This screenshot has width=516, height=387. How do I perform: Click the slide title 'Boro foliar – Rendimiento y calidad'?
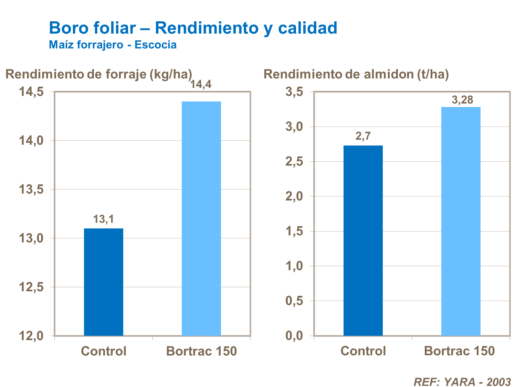tap(193, 28)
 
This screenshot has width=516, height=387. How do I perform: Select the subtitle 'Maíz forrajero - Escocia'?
tap(113, 45)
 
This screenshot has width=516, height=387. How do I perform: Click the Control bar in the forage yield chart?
tap(103, 282)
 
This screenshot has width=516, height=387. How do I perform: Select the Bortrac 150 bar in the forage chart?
tap(201, 218)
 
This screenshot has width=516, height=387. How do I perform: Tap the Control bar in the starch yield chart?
tap(363, 241)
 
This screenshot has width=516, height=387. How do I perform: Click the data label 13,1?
tap(103, 219)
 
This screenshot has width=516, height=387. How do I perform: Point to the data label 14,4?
tap(201, 84)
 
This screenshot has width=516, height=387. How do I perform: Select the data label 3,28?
tap(462, 100)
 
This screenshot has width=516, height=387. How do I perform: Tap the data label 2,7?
tap(363, 137)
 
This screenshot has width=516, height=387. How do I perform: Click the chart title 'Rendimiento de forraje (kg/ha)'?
tap(99, 74)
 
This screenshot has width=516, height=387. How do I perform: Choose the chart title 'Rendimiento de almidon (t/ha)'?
tap(356, 74)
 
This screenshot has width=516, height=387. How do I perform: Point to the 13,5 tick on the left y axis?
tap(31, 190)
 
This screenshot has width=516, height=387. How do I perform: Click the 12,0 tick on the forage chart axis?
tap(31, 336)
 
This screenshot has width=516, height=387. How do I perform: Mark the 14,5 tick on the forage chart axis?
tap(31, 92)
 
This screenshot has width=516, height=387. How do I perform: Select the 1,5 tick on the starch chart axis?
tap(294, 231)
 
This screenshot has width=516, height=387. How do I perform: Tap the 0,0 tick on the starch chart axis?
tap(294, 336)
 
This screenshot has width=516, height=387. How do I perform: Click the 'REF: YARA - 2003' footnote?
tap(462, 382)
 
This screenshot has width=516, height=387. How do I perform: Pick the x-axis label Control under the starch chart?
tap(363, 351)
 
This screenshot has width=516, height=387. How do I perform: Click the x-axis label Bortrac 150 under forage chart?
tap(201, 351)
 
